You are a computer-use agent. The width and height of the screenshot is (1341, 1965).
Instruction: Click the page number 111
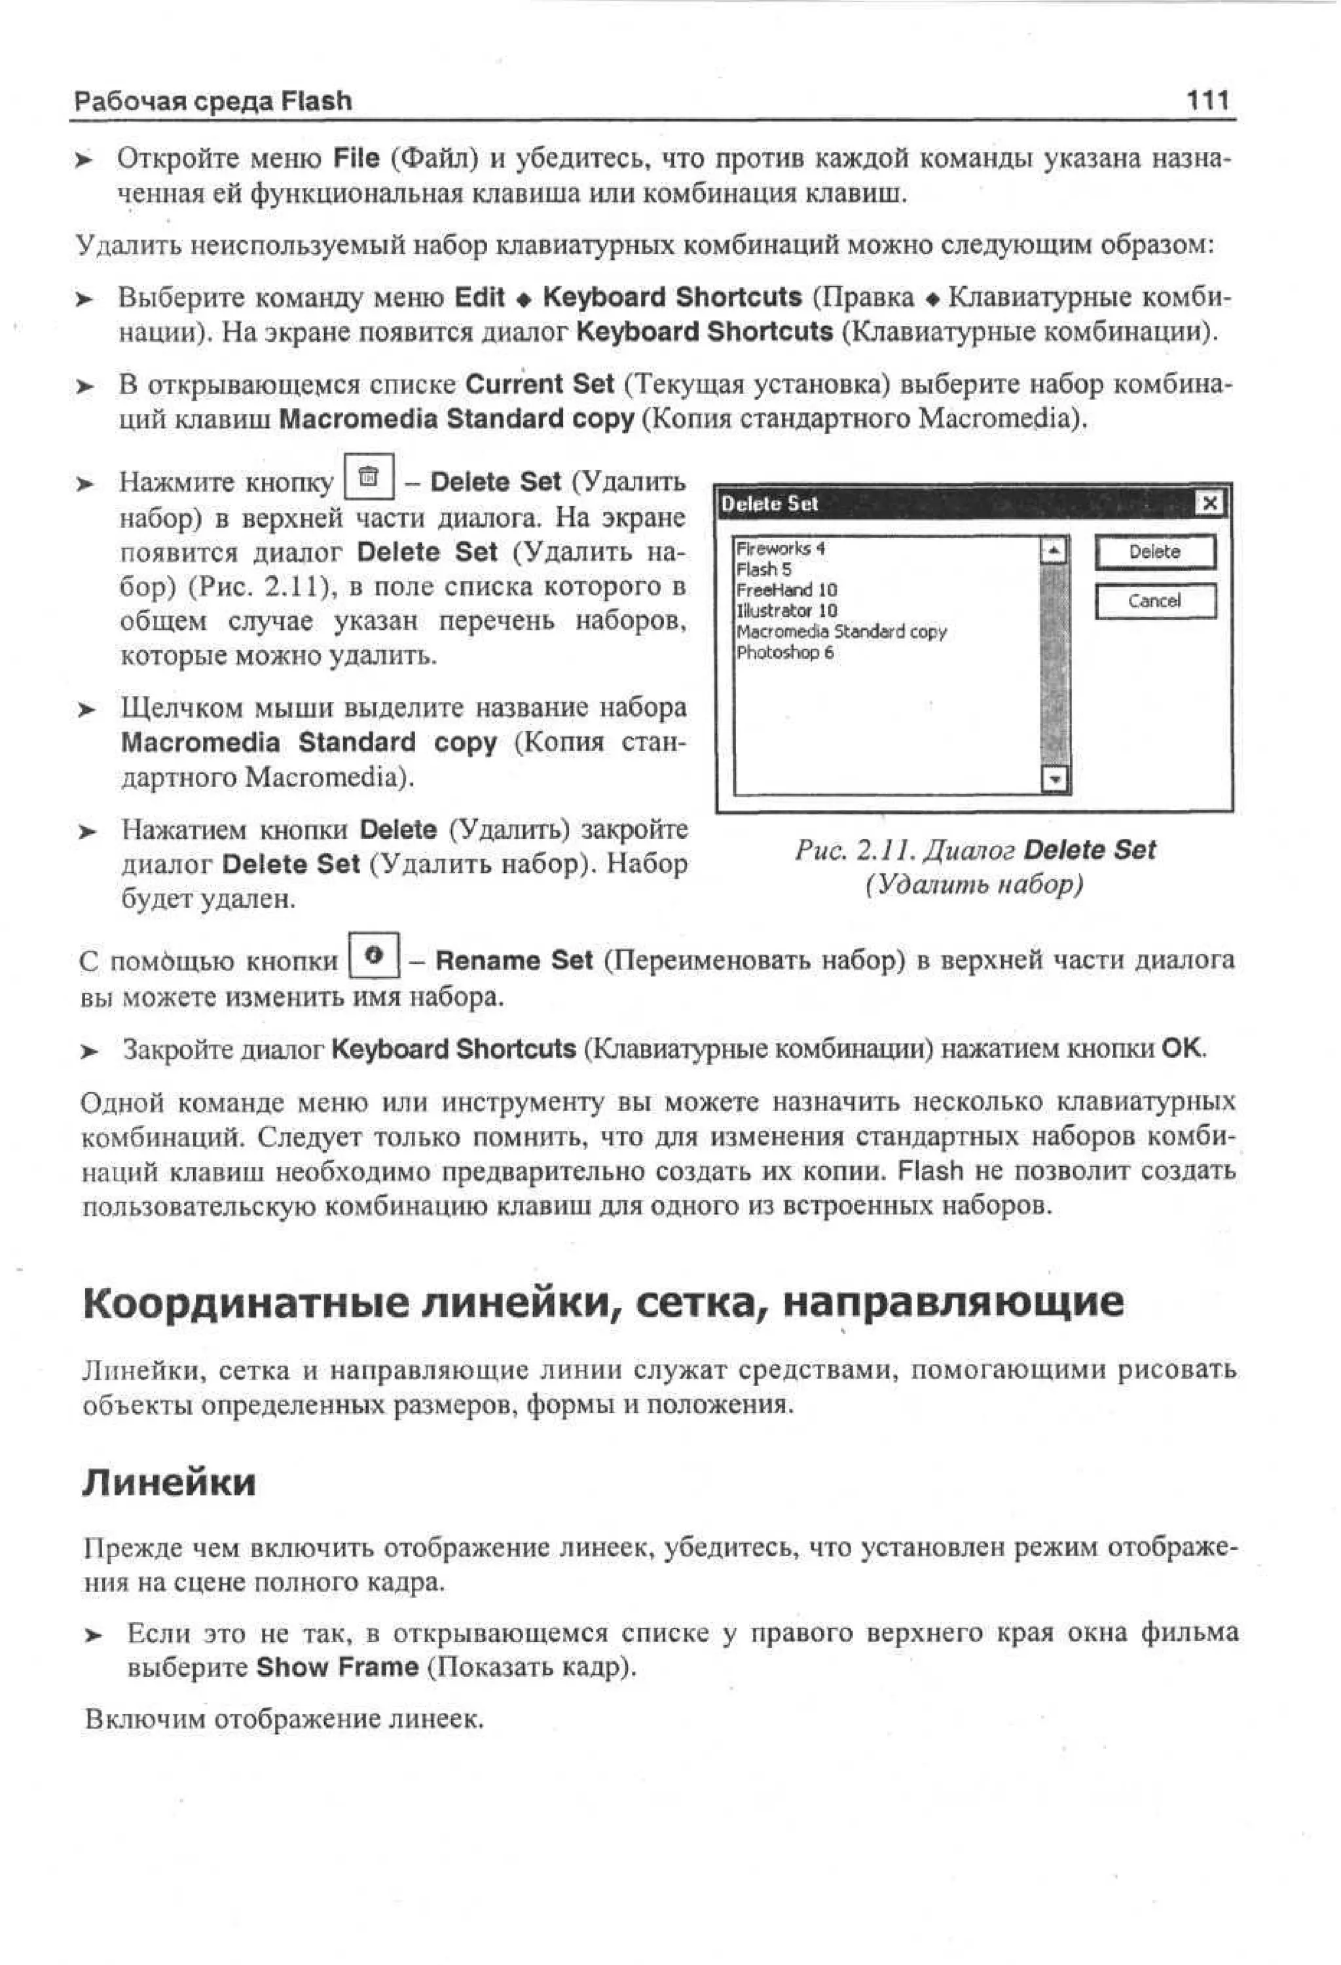(1207, 101)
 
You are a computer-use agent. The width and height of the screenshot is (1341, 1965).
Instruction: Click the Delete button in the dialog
(1154, 552)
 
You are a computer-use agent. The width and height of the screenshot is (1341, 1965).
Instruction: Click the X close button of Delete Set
(1210, 504)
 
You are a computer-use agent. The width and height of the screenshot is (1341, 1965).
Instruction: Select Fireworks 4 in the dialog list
(781, 549)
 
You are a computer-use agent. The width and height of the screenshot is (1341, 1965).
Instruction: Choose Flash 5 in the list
(764, 569)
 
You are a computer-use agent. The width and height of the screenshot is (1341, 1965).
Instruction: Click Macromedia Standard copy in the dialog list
(841, 632)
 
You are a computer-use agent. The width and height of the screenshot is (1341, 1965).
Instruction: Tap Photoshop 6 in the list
(784, 652)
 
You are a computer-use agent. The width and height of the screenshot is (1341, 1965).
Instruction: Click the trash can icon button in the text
(369, 479)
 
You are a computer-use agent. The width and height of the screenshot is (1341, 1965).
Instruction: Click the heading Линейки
(168, 1483)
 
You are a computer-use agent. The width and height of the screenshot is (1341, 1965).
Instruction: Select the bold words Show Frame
(337, 1667)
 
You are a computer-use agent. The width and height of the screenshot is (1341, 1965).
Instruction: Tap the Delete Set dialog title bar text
(769, 504)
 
